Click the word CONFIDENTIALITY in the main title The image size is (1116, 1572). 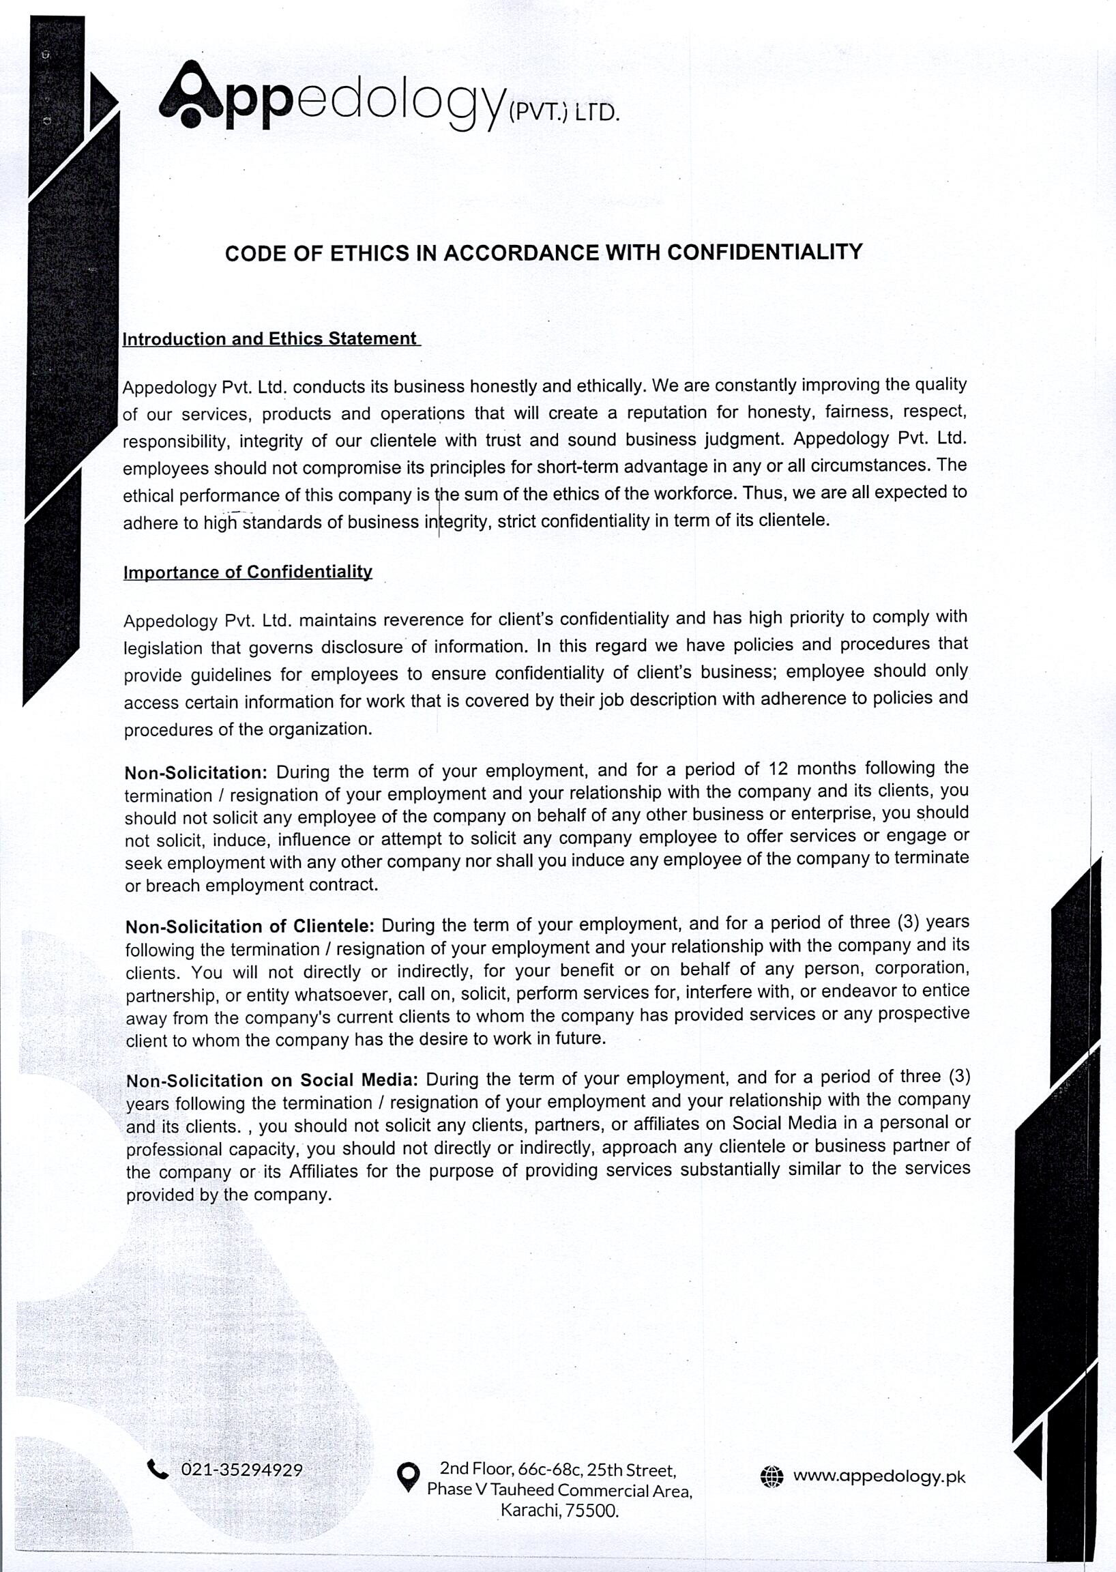click(x=764, y=252)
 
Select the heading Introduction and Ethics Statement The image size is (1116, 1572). click(x=269, y=339)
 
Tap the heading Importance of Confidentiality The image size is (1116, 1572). click(x=248, y=572)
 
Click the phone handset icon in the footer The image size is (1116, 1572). click(x=158, y=1469)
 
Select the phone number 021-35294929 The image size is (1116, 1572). click(x=241, y=1470)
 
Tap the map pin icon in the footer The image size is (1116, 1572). click(x=408, y=1476)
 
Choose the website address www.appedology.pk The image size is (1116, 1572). click(x=879, y=1476)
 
